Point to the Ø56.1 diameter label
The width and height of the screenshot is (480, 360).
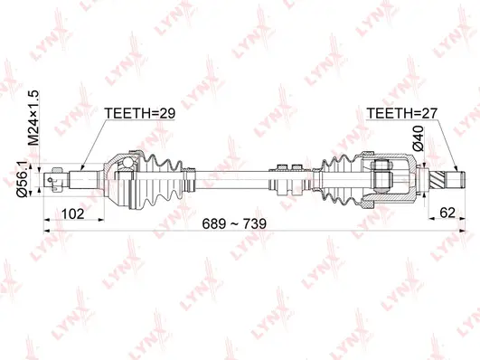33,177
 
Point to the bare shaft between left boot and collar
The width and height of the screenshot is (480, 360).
231,174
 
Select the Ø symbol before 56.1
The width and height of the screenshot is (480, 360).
33,191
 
